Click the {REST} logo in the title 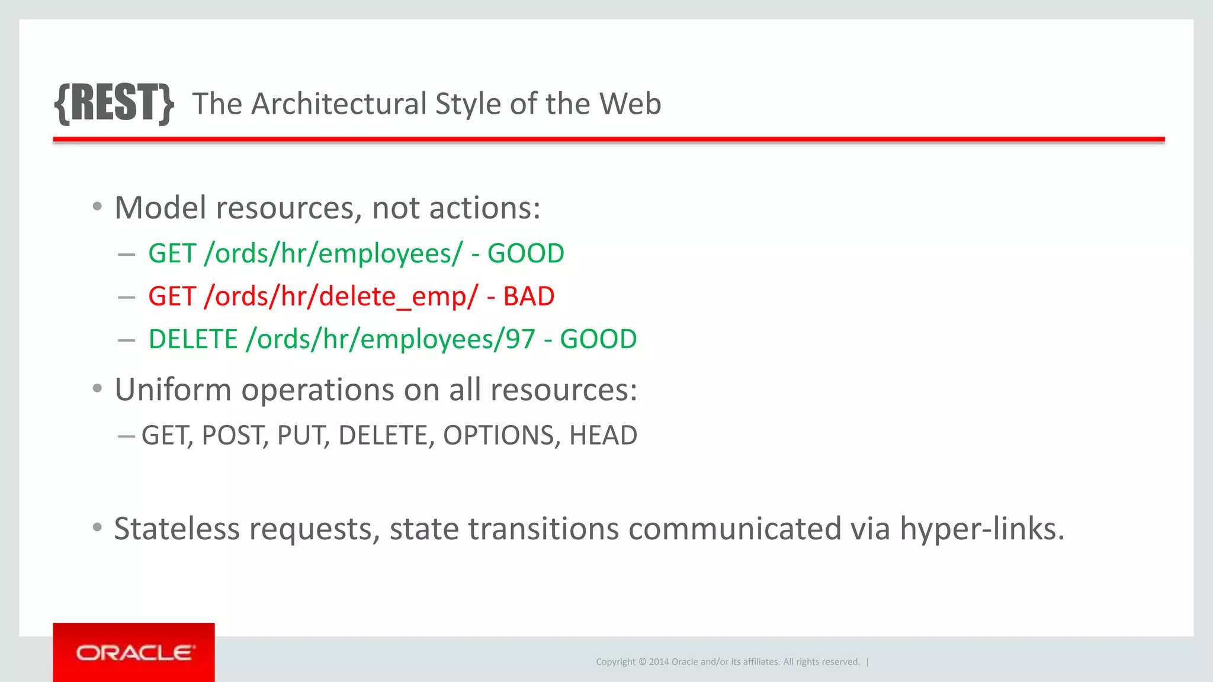click(114, 104)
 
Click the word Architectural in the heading click(339, 104)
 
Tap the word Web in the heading click(630, 104)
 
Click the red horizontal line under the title click(608, 140)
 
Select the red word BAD click(528, 297)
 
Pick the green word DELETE click(193, 339)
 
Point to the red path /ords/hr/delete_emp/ click(341, 297)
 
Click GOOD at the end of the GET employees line click(525, 253)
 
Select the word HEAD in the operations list click(603, 436)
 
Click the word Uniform click(173, 390)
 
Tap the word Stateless click(177, 529)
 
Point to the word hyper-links click(982, 529)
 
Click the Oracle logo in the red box click(134, 652)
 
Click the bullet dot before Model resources click(98, 207)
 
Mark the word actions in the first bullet click(484, 208)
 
